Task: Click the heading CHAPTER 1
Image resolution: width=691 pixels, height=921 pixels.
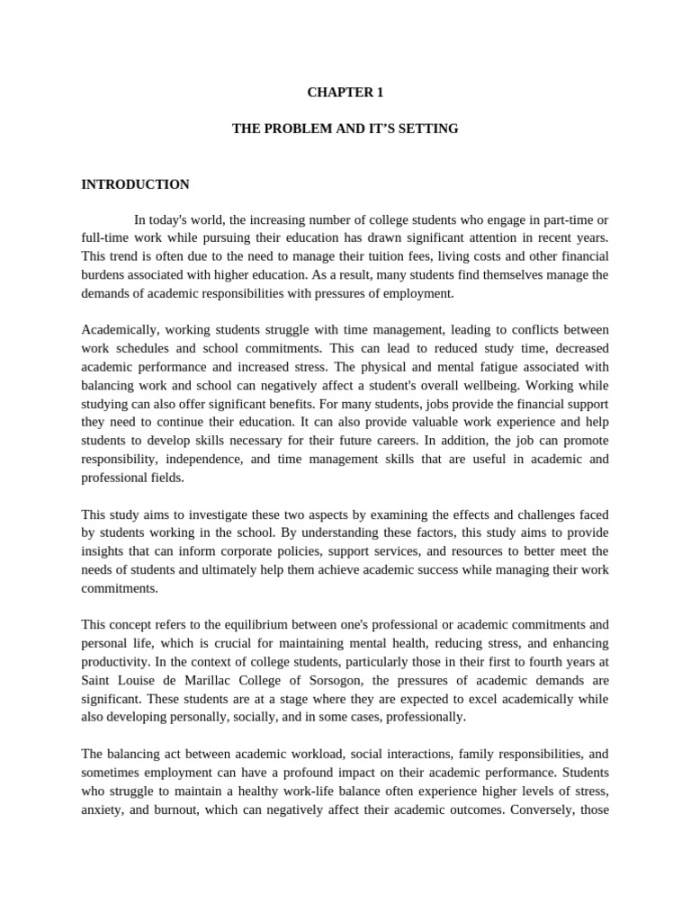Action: (x=345, y=91)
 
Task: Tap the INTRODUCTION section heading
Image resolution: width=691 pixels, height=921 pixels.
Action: (x=135, y=184)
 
